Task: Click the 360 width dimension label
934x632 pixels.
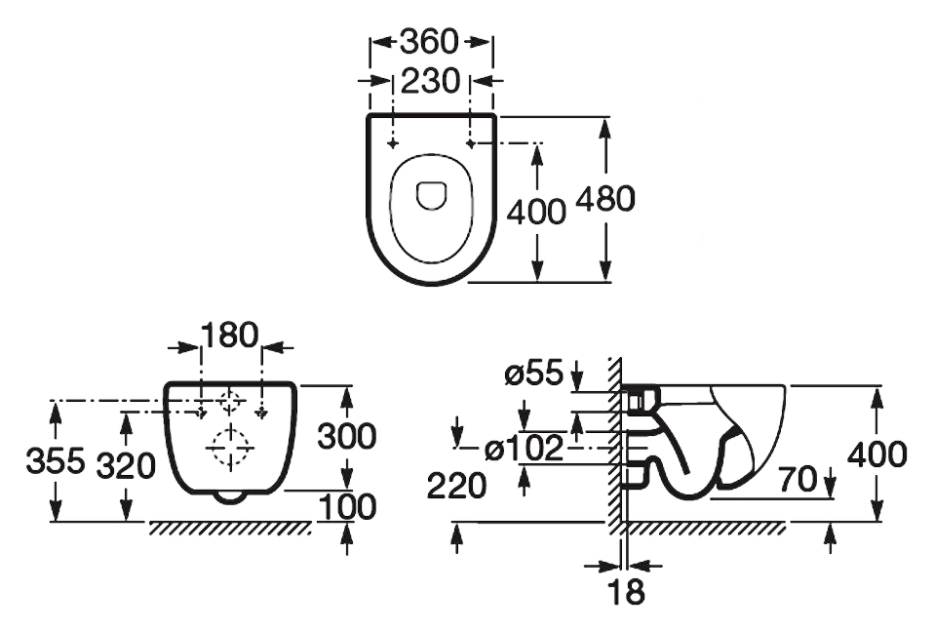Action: click(x=430, y=42)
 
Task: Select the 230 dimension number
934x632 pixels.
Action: click(x=431, y=80)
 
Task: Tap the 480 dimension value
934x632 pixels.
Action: click(x=605, y=198)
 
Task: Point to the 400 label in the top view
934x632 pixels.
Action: click(x=536, y=212)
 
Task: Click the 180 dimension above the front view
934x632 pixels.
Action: click(x=230, y=335)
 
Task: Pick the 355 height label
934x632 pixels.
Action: click(x=56, y=460)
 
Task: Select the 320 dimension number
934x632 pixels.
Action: click(x=127, y=465)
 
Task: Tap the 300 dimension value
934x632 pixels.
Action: click(x=347, y=436)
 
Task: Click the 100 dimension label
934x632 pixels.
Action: click(x=348, y=507)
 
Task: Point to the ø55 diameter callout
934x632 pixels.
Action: click(x=533, y=375)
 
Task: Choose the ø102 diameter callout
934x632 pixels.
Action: click(x=525, y=448)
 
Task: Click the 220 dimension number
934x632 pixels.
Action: click(x=457, y=487)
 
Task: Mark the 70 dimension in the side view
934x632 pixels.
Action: click(x=798, y=479)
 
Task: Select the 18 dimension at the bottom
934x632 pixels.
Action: click(x=626, y=592)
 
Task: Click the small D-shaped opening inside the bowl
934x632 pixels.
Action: click(x=431, y=195)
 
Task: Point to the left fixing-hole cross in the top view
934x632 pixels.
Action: click(x=393, y=143)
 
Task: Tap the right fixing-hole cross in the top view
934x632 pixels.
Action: click(x=471, y=143)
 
